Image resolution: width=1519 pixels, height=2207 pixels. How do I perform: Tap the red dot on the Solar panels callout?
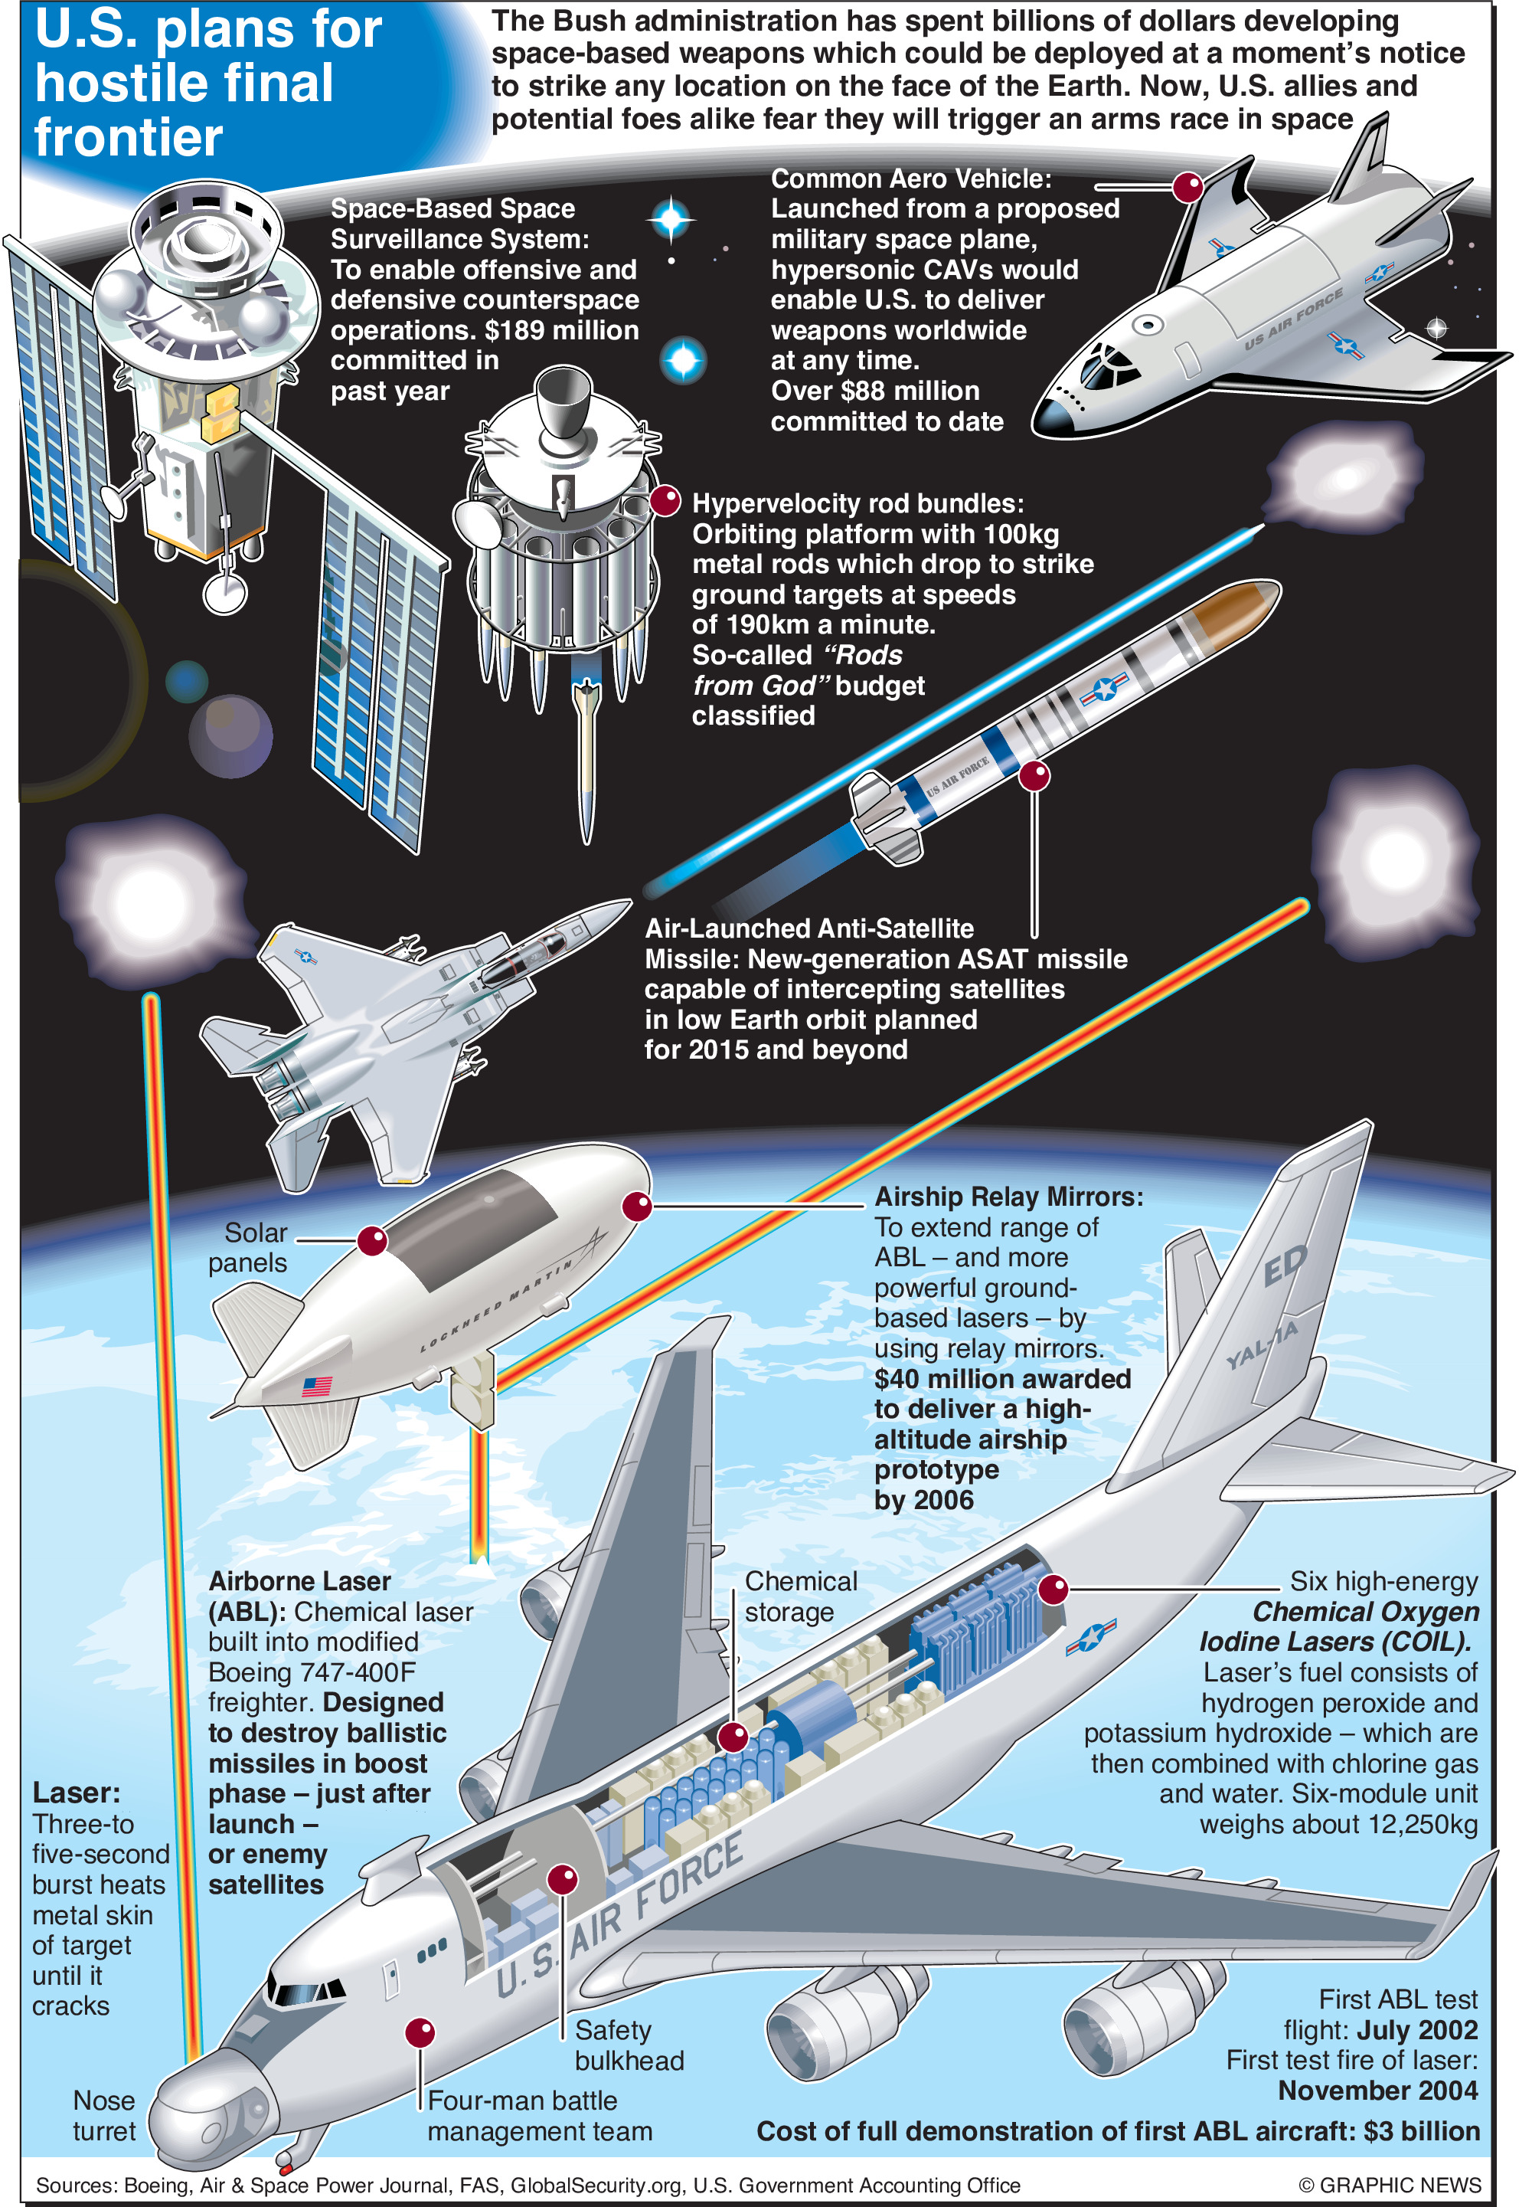click(x=372, y=1240)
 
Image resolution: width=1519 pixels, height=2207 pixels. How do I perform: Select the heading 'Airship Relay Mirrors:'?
click(x=1009, y=1197)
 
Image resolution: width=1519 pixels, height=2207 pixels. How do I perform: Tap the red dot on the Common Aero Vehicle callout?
click(x=1187, y=188)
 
